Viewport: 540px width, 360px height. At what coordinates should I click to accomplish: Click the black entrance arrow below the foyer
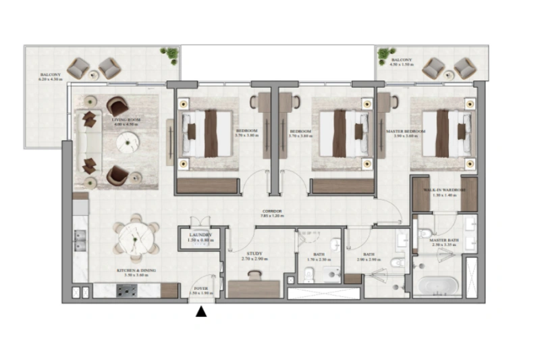tap(201, 311)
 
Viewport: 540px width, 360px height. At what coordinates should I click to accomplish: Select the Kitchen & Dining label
tap(136, 273)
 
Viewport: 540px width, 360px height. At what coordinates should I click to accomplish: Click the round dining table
tap(136, 238)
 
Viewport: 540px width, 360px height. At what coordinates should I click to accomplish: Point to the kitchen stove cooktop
tap(127, 290)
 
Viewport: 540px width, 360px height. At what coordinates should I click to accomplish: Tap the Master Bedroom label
tap(405, 133)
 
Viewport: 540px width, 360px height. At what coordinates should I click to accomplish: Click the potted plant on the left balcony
tap(171, 54)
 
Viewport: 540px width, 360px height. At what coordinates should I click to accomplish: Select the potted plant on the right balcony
tap(385, 54)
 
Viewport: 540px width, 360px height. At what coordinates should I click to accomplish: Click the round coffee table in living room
tap(126, 143)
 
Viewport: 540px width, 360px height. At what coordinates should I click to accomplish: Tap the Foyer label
tap(201, 288)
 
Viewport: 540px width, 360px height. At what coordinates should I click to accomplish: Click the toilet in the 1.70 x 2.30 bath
tap(308, 274)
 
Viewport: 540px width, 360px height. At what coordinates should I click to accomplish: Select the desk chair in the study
tap(254, 275)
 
